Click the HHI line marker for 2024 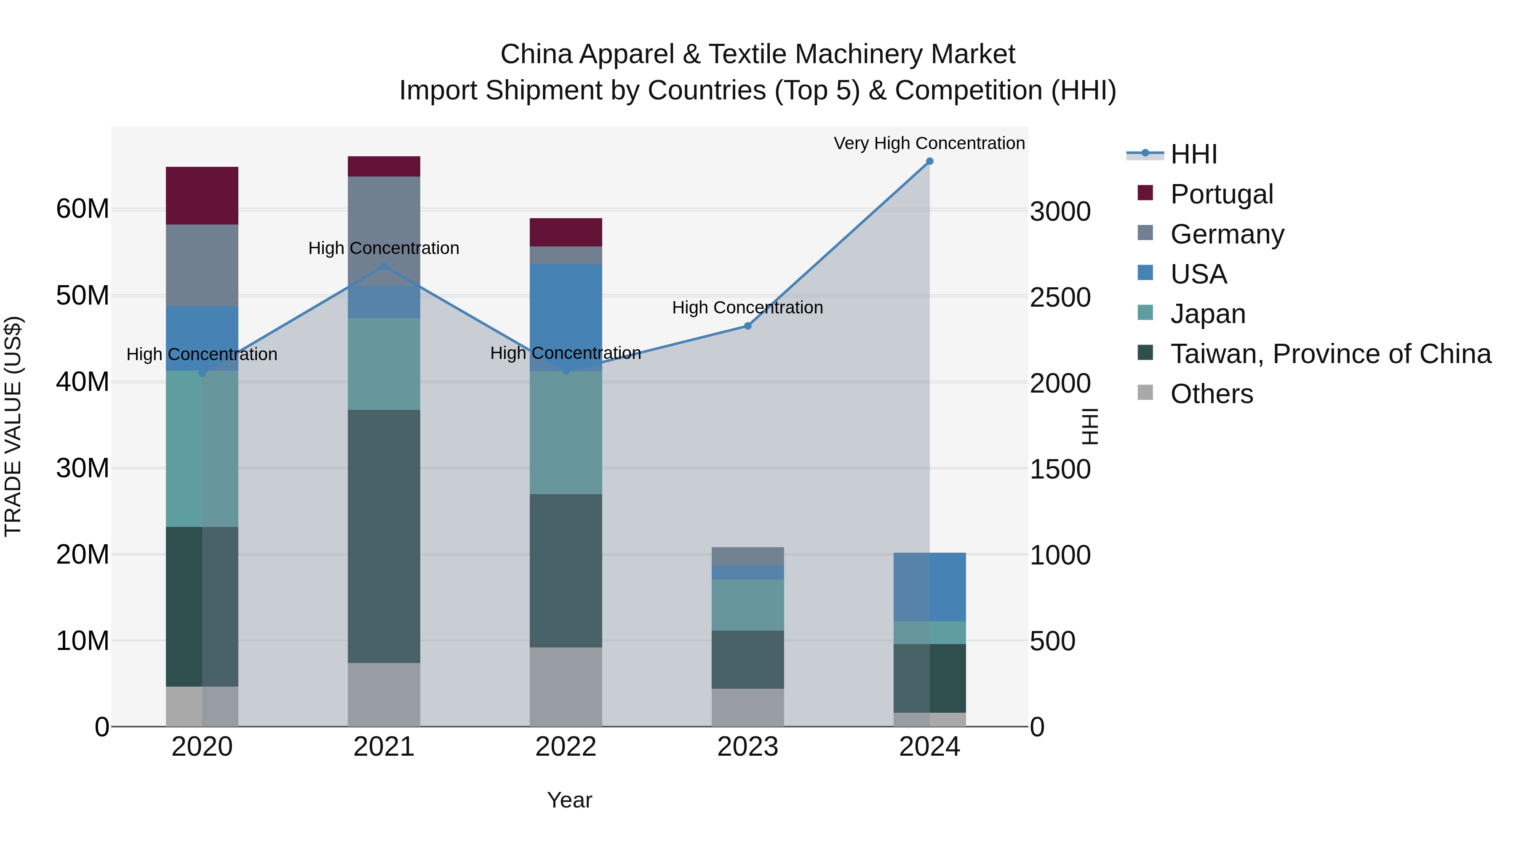[929, 161]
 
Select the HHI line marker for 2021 [384, 266]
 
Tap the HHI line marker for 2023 [747, 326]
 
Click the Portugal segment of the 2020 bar [202, 195]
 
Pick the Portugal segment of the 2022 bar [566, 233]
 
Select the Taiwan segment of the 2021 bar [384, 536]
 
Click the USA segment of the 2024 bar [929, 587]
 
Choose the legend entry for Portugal [1221, 194]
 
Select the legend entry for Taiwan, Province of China [1330, 354]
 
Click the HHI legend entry [1193, 154]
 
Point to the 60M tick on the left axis [83, 209]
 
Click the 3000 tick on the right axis [1060, 211]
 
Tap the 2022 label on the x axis [566, 747]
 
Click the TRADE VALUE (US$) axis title [13, 426]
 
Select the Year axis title [569, 800]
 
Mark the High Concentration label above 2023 [747, 308]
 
